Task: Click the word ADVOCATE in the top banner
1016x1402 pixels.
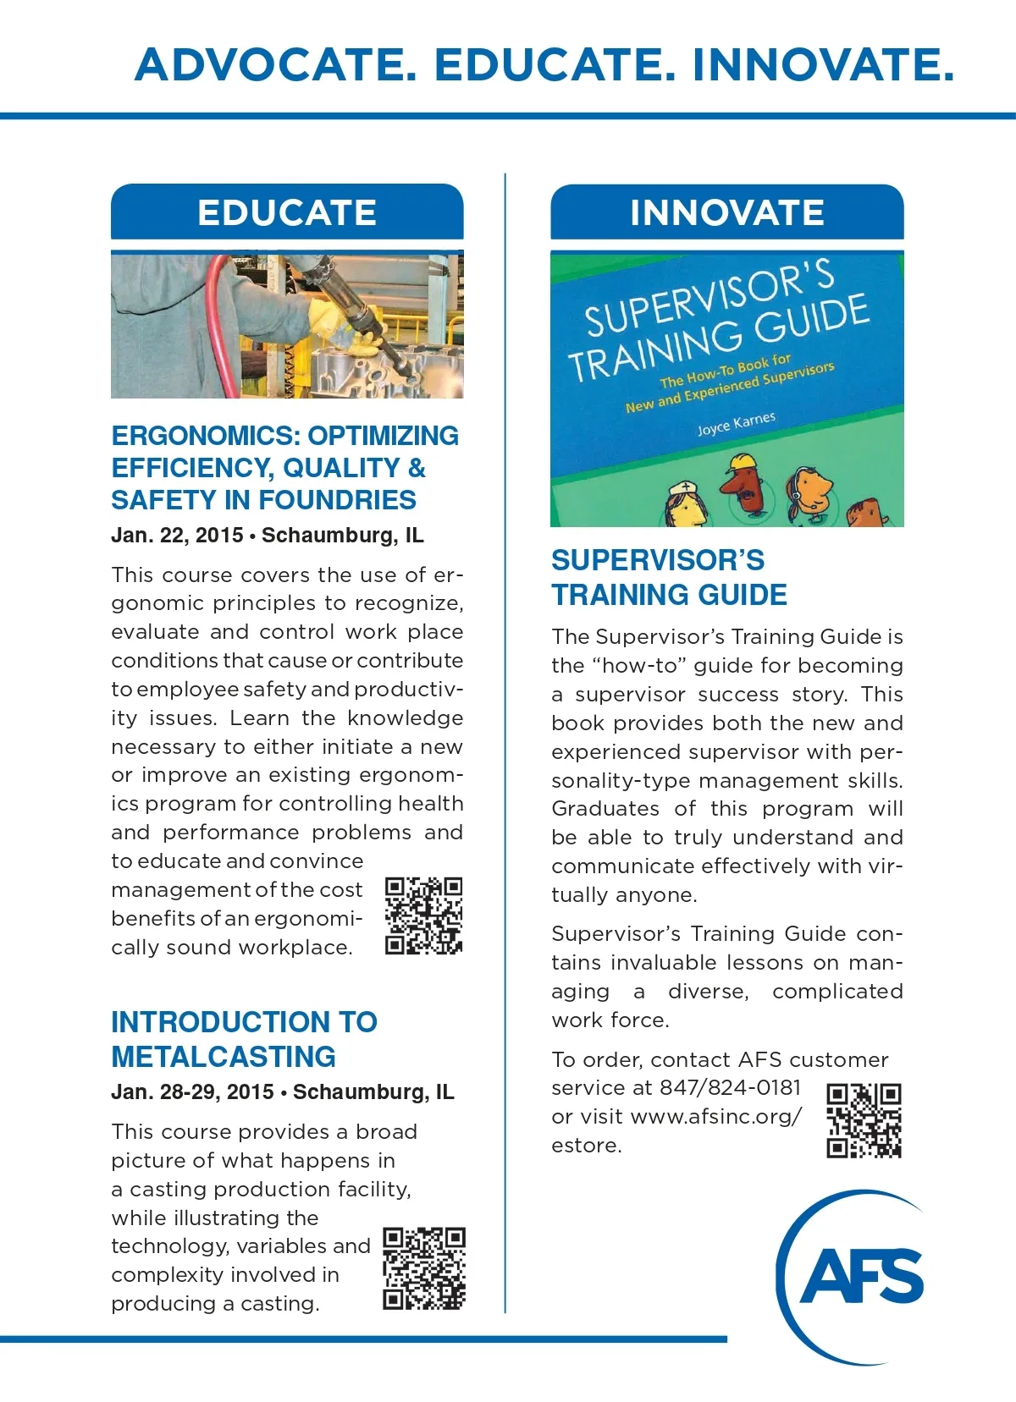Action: (x=276, y=65)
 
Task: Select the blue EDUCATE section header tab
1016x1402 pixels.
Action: (x=287, y=212)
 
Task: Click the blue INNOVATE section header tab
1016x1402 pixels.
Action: (x=726, y=212)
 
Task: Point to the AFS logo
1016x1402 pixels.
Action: (x=855, y=1276)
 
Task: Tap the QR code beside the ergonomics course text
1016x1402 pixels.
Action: (x=423, y=915)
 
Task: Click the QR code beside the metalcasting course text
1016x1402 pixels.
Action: (x=423, y=1268)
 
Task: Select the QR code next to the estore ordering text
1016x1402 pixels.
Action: (x=864, y=1120)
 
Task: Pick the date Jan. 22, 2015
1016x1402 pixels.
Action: (x=177, y=536)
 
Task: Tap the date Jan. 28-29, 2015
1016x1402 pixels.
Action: (x=192, y=1091)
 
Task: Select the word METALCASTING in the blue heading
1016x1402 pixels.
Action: (x=224, y=1057)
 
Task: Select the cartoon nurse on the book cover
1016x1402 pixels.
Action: (x=684, y=503)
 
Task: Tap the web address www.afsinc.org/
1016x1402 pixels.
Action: (x=716, y=1116)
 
